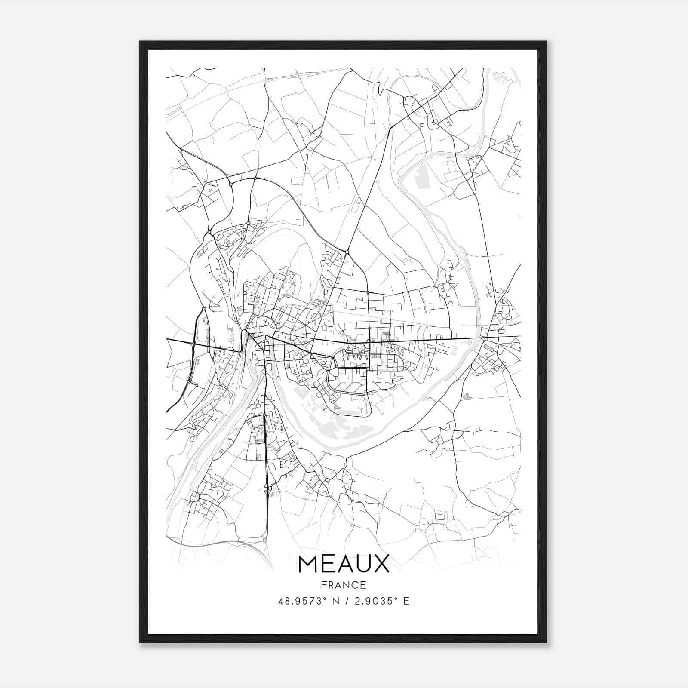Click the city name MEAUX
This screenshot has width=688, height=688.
pos(343,564)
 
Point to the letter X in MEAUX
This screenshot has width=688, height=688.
pos(381,564)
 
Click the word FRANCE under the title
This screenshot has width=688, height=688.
pos(343,585)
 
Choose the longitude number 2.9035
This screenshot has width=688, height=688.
pos(373,601)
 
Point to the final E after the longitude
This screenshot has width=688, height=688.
pos(406,601)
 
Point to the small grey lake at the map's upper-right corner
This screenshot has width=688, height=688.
pos(501,77)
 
